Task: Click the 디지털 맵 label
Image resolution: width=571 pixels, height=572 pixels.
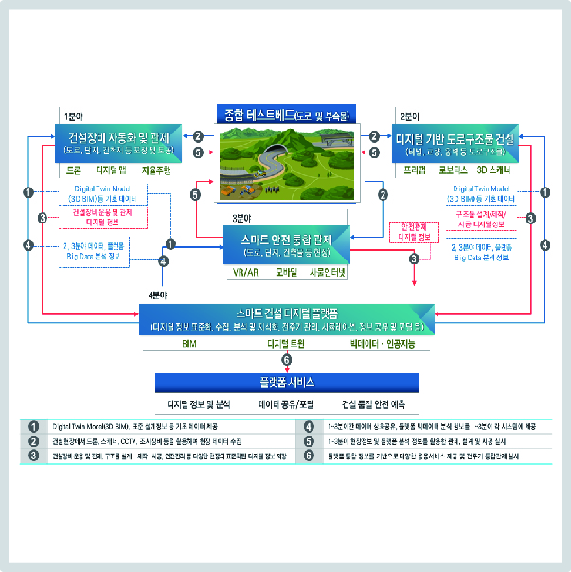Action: tap(112, 172)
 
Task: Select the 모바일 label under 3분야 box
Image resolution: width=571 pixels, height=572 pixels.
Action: tap(288, 272)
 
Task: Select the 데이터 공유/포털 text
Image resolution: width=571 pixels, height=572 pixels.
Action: tap(286, 403)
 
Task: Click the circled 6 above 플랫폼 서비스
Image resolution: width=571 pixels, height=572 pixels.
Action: tap(287, 359)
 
